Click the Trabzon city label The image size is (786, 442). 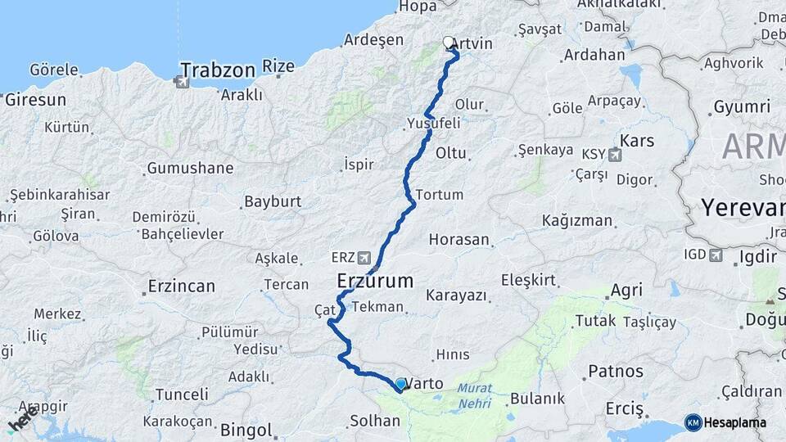[218, 70]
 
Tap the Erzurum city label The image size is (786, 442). [375, 281]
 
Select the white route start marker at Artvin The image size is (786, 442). [449, 42]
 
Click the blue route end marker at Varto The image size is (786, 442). [400, 383]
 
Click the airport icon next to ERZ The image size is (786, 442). [364, 256]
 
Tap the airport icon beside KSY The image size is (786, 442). [614, 154]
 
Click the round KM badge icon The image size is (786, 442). [693, 422]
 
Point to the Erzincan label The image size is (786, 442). [181, 286]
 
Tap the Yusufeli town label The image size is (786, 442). [433, 123]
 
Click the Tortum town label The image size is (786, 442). [440, 195]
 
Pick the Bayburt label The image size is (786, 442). [273, 201]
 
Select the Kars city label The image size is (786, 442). [638, 141]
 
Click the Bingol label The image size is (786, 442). [246, 429]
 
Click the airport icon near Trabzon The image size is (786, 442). [181, 81]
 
